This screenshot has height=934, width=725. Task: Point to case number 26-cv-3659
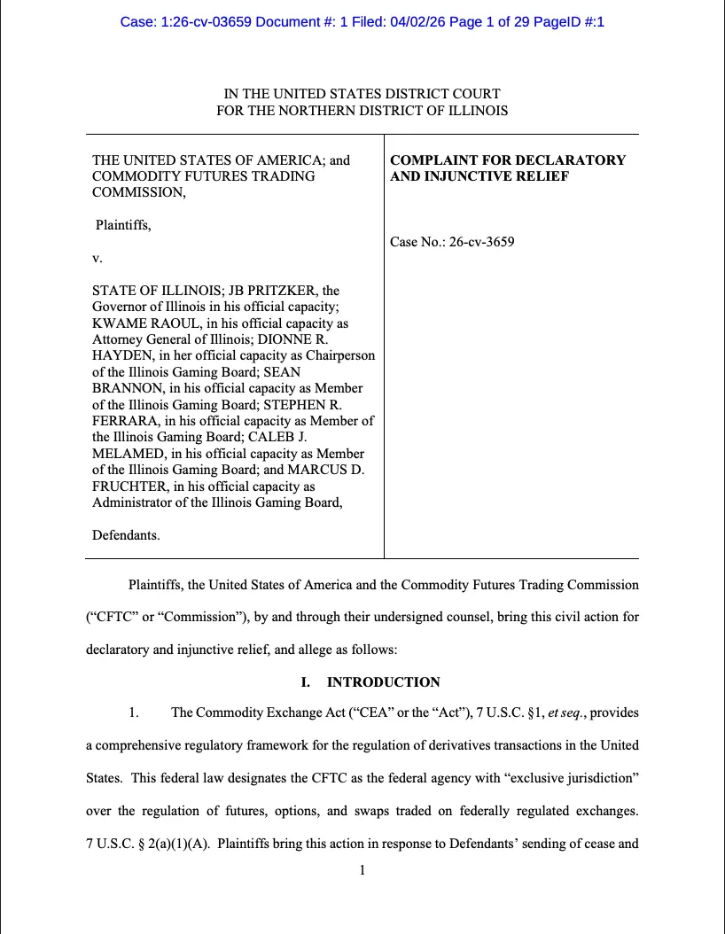pyautogui.click(x=483, y=242)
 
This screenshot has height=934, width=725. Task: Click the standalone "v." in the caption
pyautogui.click(x=97, y=258)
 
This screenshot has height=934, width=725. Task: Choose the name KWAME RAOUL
pyautogui.click(x=138, y=323)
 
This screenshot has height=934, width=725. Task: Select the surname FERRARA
pyautogui.click(x=125, y=421)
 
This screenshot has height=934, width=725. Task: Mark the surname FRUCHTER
pyautogui.click(x=131, y=486)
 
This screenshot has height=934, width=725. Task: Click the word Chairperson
pyautogui.click(x=339, y=356)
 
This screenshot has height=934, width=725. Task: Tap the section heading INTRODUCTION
pyautogui.click(x=383, y=682)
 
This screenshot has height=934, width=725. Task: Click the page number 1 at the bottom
pyautogui.click(x=362, y=870)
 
